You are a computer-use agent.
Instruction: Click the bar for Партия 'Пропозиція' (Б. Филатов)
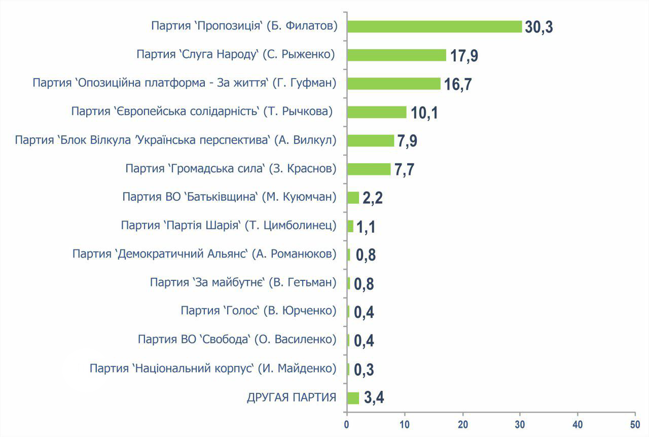pyautogui.click(x=434, y=26)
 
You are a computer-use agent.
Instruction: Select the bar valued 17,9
pyautogui.click(x=396, y=55)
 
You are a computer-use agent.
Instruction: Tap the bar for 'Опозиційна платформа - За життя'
pyautogui.click(x=393, y=83)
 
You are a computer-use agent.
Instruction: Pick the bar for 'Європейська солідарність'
pyautogui.click(x=377, y=112)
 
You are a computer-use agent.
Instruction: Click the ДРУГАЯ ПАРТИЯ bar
pyautogui.click(x=353, y=398)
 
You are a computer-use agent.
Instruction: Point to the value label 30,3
pyautogui.click(x=538, y=27)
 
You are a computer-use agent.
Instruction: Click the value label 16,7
pyautogui.click(x=458, y=84)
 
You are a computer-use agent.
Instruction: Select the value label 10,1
pyautogui.click(x=424, y=113)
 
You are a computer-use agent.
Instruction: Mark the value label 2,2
pyautogui.click(x=372, y=198)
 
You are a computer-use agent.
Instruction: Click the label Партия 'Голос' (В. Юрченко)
pyautogui.click(x=258, y=310)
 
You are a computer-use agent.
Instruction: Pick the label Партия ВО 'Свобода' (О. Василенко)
pyautogui.click(x=237, y=339)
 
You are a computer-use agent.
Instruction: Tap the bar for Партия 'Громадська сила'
pyautogui.click(x=369, y=169)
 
